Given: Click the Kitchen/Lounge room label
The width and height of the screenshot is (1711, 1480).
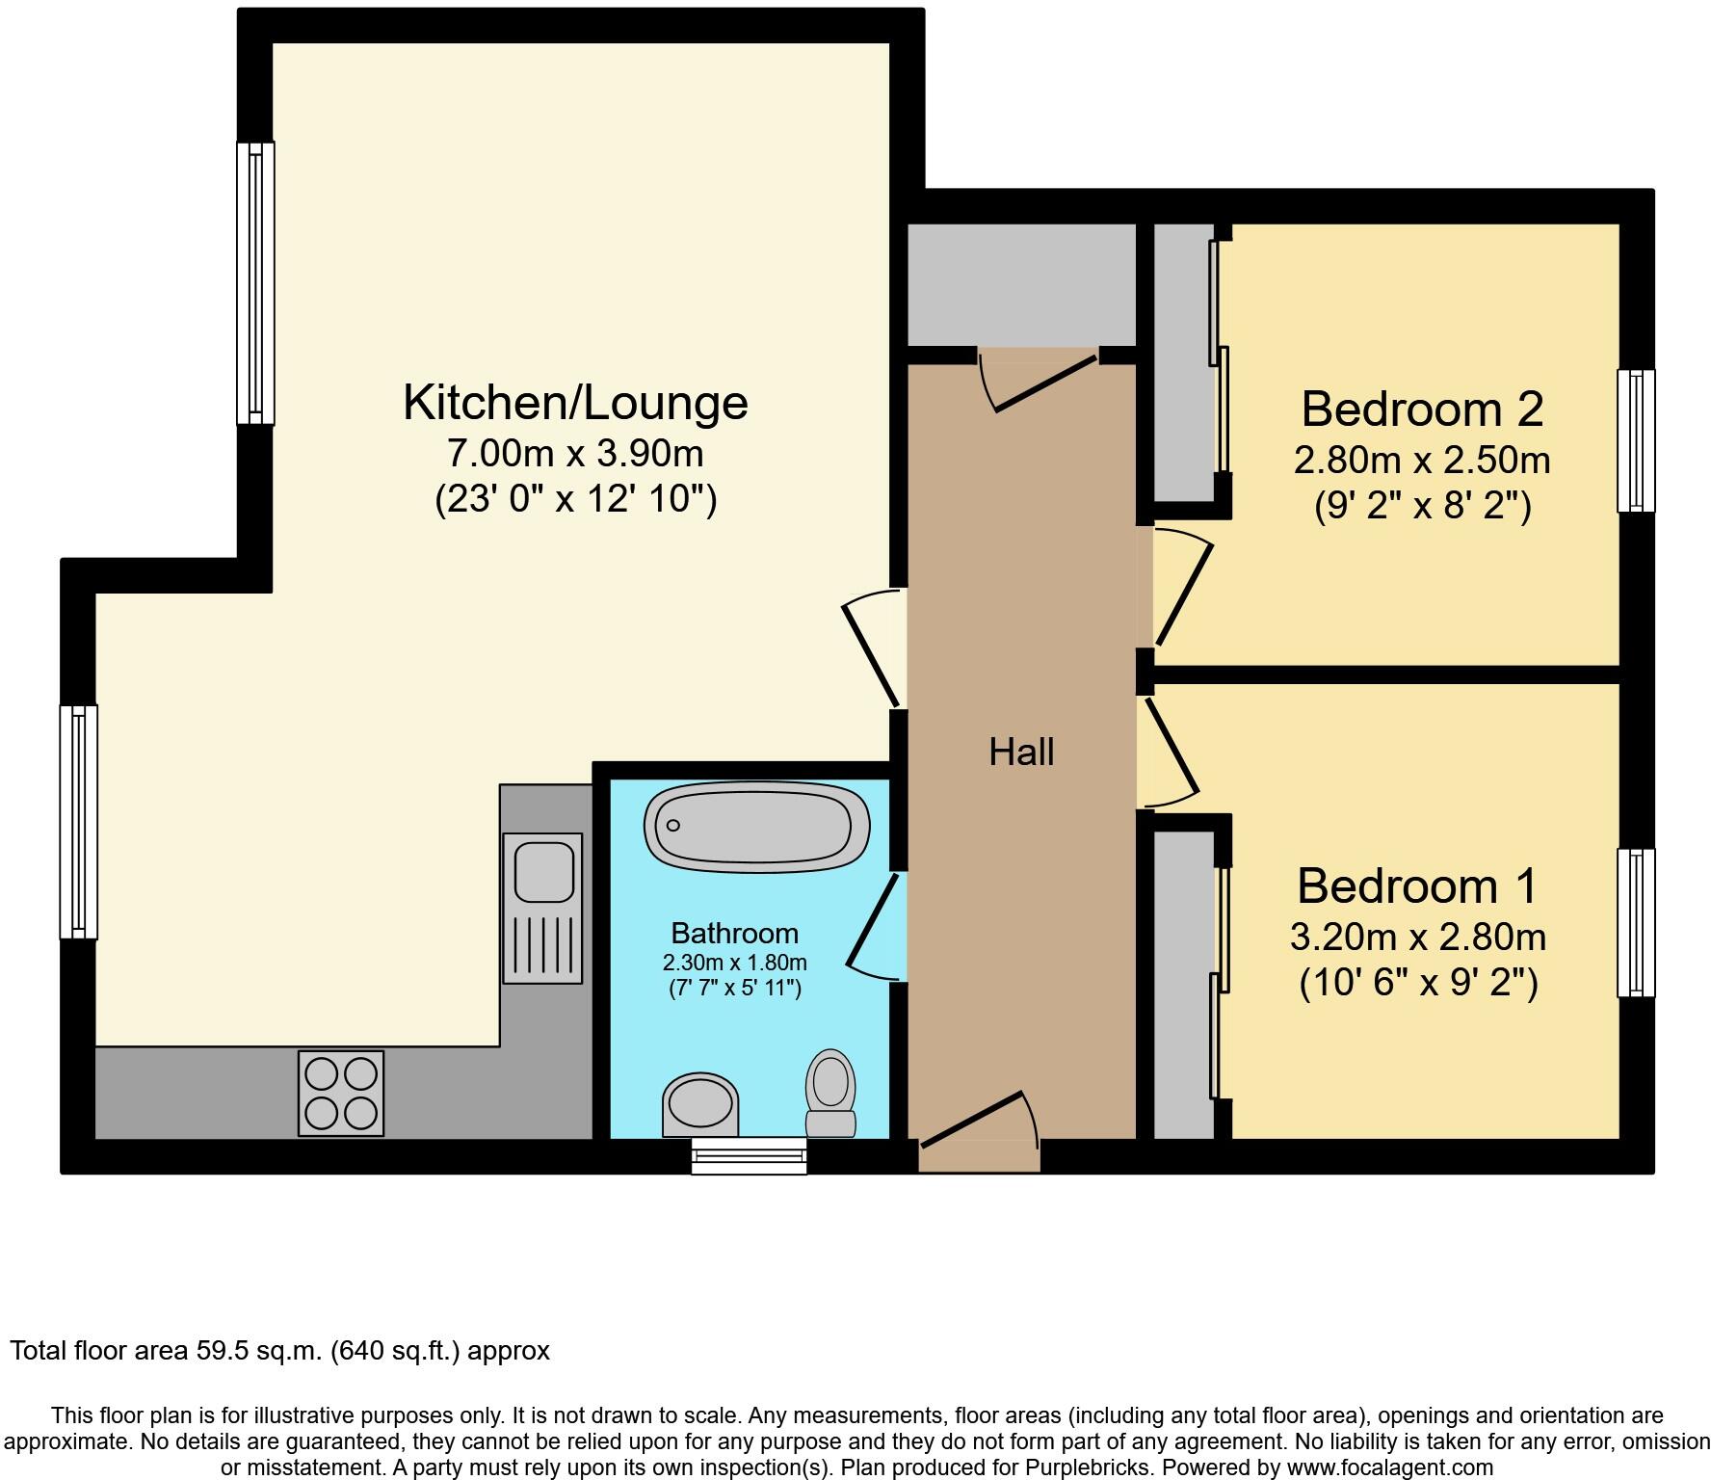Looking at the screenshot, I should [x=575, y=403].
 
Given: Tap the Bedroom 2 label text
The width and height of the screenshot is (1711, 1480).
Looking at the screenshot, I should [x=1421, y=409].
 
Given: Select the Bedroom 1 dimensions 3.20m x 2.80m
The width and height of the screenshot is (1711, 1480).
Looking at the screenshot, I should [x=1417, y=937].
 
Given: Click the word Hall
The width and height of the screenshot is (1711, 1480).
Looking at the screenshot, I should [x=1021, y=752].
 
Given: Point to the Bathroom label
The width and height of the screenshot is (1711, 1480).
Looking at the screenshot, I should [x=734, y=933].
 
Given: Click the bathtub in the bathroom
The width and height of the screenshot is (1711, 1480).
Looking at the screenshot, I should [x=757, y=827].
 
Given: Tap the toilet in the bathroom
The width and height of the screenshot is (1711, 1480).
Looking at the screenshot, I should [x=830, y=1094].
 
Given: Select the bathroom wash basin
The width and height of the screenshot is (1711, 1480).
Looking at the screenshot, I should [x=701, y=1106].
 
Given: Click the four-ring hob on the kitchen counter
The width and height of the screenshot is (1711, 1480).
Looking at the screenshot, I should [x=341, y=1093].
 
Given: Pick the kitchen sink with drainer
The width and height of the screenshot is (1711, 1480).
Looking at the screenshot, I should [x=542, y=907].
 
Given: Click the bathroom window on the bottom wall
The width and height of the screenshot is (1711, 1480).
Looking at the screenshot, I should [x=749, y=1155].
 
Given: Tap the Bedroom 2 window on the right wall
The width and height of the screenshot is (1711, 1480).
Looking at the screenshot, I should [x=1635, y=440].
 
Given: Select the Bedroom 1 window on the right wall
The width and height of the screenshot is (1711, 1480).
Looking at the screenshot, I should [x=1635, y=922].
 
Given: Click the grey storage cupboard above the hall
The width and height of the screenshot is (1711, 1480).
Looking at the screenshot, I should [x=1021, y=284].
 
